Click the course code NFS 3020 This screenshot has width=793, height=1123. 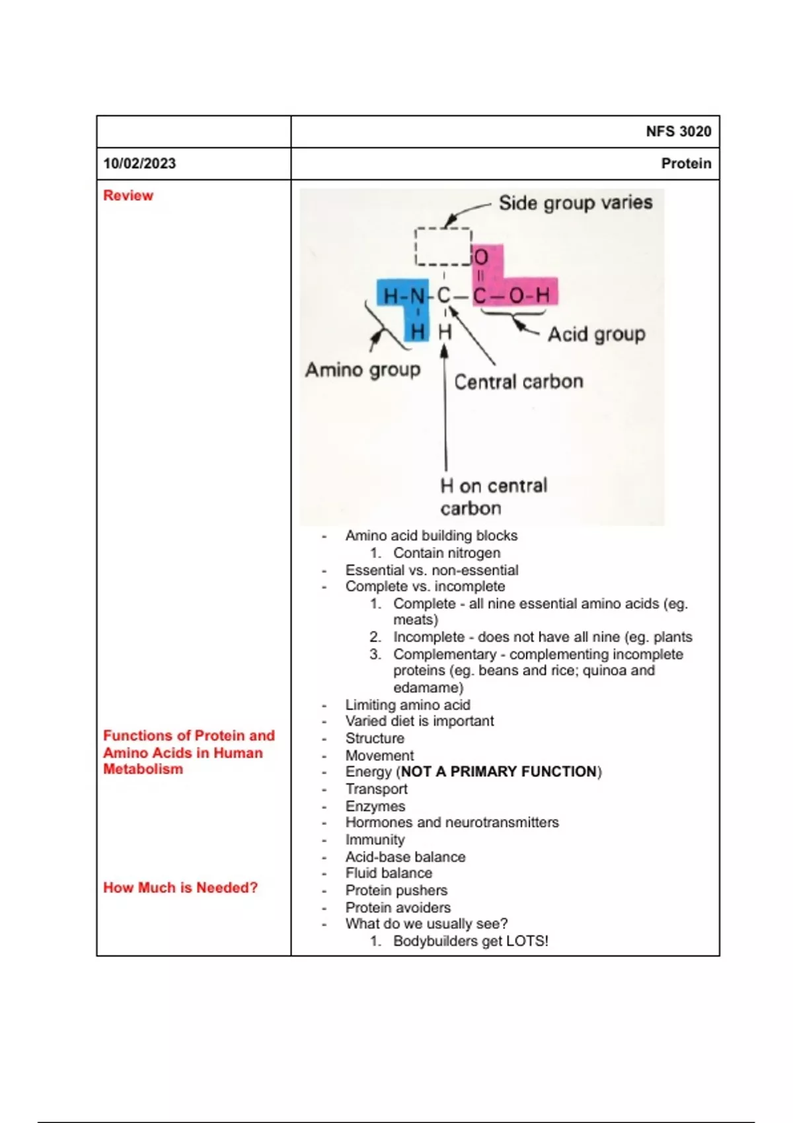click(678, 131)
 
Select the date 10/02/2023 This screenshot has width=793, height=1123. click(139, 164)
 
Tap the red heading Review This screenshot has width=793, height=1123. click(128, 196)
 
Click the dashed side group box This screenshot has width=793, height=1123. click(443, 246)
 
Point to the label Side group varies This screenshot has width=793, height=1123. click(575, 203)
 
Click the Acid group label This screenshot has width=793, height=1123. click(596, 334)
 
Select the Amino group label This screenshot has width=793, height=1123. click(362, 369)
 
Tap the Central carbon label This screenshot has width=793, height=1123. click(518, 382)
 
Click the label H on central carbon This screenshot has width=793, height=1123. click(493, 497)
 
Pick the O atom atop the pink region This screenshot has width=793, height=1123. click(481, 257)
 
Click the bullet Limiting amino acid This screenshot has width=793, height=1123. click(408, 705)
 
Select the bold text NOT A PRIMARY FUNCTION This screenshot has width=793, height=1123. click(499, 772)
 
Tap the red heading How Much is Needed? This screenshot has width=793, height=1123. click(180, 888)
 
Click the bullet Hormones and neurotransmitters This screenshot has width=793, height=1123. click(452, 822)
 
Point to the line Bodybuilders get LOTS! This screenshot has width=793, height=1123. click(471, 941)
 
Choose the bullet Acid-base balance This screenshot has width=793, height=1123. click(405, 857)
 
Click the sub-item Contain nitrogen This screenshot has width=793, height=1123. click(447, 553)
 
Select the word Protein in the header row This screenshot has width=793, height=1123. click(686, 164)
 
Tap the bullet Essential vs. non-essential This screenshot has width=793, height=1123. click(432, 570)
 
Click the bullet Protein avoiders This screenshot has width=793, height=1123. click(398, 908)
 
